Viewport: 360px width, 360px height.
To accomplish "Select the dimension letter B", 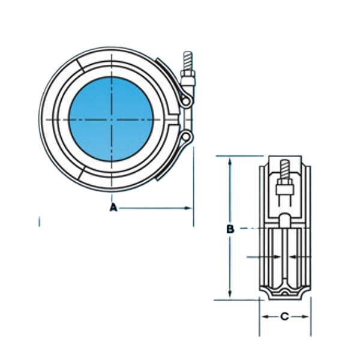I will pos(230,229).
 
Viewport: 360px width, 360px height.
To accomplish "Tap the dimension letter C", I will pos(284,316).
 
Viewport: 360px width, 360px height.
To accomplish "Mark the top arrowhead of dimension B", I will pos(230,160).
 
